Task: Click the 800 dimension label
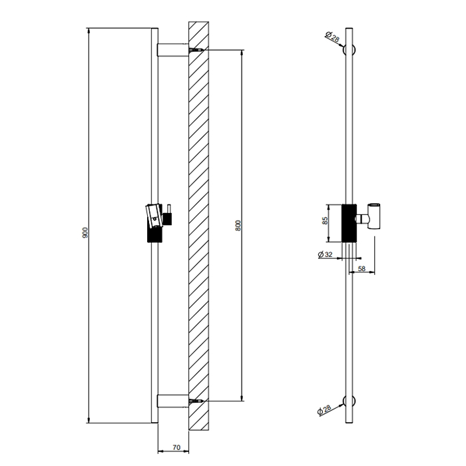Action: pyautogui.click(x=238, y=225)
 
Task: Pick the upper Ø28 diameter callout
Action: pyautogui.click(x=334, y=37)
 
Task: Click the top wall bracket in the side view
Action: pyautogui.click(x=172, y=50)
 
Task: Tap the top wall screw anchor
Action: pyautogui.click(x=196, y=50)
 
